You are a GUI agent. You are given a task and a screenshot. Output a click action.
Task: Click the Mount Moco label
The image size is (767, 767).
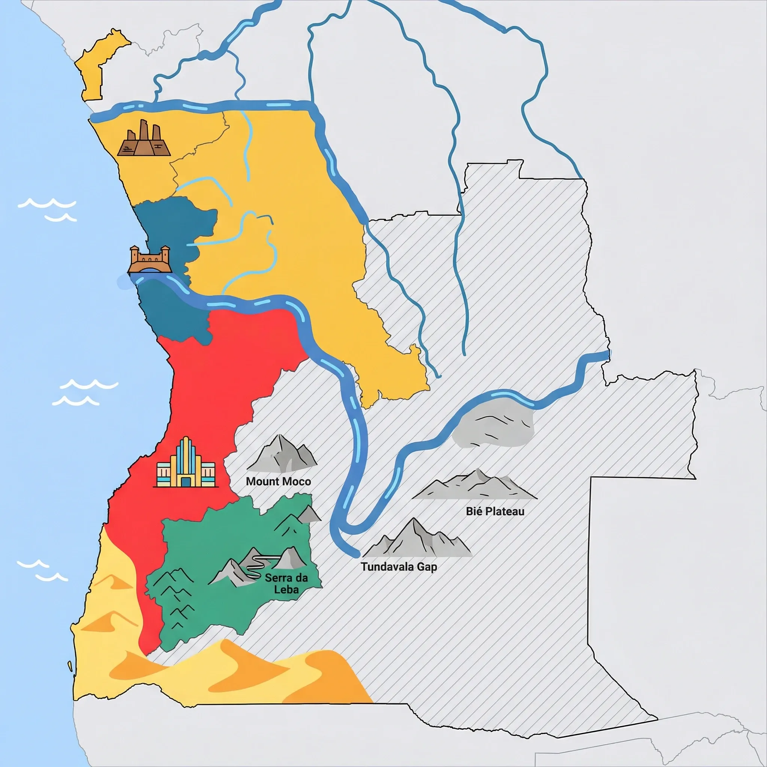coord(278,482)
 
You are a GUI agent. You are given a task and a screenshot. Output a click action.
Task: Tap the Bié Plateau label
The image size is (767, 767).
coord(495,511)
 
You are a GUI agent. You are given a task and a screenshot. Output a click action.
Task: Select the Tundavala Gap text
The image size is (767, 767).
coord(398,567)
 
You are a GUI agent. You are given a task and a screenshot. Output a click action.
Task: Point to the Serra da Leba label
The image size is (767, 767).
coord(286,583)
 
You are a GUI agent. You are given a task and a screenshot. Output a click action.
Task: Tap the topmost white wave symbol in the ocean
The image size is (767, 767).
coord(47,204)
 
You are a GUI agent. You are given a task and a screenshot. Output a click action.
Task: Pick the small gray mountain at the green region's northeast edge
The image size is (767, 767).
coord(309,515)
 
